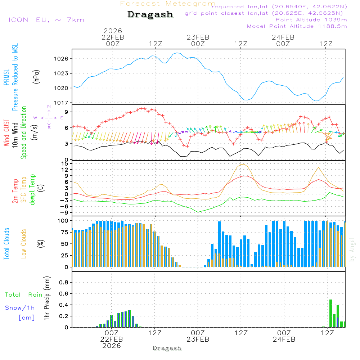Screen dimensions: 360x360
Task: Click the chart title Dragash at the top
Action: [x=150, y=15]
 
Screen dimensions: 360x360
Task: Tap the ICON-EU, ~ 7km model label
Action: [x=46, y=20]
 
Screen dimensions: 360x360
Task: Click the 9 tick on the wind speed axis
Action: [x=67, y=112]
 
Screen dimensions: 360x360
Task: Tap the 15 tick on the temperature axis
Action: [x=65, y=164]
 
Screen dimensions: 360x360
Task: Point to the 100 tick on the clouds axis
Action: [x=63, y=220]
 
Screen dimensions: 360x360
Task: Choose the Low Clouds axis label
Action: [x=24, y=243]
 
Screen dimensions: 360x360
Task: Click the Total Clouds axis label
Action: [x=6, y=243]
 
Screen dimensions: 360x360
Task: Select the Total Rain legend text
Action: [x=23, y=295]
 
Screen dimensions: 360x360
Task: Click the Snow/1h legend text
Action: [x=20, y=308]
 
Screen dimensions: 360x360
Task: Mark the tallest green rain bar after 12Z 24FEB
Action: [x=330, y=313]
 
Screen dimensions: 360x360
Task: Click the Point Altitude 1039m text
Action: [x=311, y=20]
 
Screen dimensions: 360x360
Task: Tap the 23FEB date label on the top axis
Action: [x=198, y=37]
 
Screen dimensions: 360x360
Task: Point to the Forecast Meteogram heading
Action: [x=168, y=4]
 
